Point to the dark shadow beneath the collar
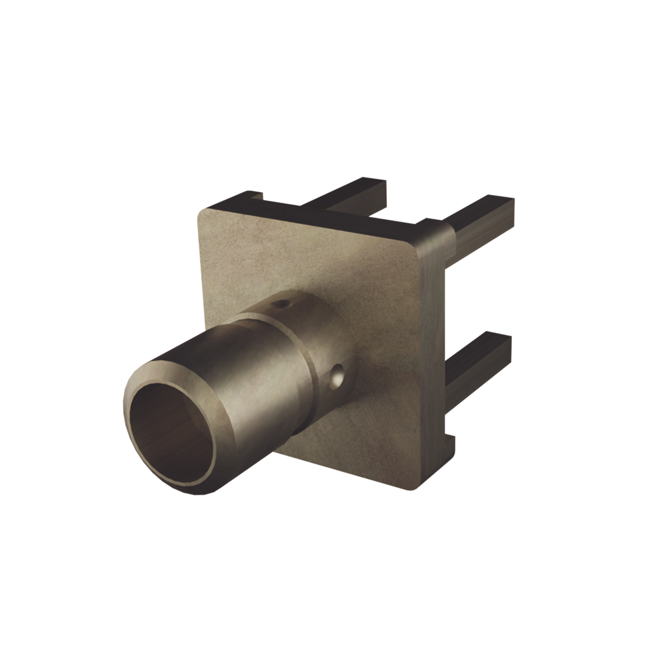click(302, 425)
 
